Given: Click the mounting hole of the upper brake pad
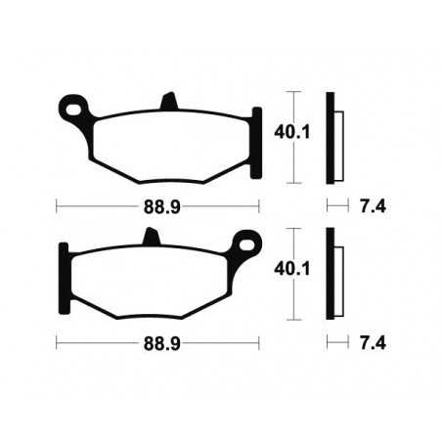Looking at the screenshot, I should click(71, 105).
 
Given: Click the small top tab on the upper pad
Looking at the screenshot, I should click(167, 101).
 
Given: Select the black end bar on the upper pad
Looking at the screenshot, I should click(258, 142).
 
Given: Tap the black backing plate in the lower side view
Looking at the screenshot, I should click(331, 273).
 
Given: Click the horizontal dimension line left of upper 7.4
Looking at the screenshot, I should click(337, 206).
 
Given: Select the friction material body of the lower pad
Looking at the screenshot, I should click(152, 282).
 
